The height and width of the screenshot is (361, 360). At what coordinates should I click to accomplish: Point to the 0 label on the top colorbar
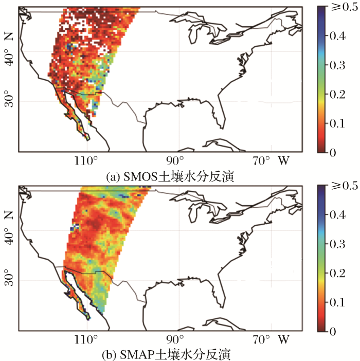[x=334, y=153]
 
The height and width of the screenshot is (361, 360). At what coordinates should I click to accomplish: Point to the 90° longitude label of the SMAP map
[x=175, y=340]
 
